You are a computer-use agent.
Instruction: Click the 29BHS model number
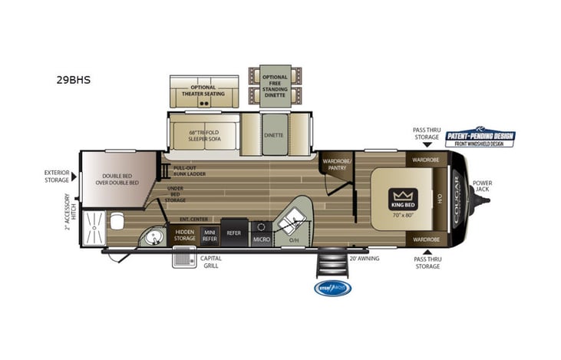(73, 78)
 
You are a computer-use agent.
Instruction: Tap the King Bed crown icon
(401, 196)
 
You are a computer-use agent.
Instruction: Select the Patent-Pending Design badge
(480, 137)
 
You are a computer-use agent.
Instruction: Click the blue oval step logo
(332, 289)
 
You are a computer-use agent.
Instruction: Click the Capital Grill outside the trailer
(185, 262)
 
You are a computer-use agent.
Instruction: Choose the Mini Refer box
(210, 236)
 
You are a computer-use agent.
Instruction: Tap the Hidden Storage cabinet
(184, 235)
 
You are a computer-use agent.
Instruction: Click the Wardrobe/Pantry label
(336, 163)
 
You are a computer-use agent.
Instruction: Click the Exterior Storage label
(56, 176)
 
